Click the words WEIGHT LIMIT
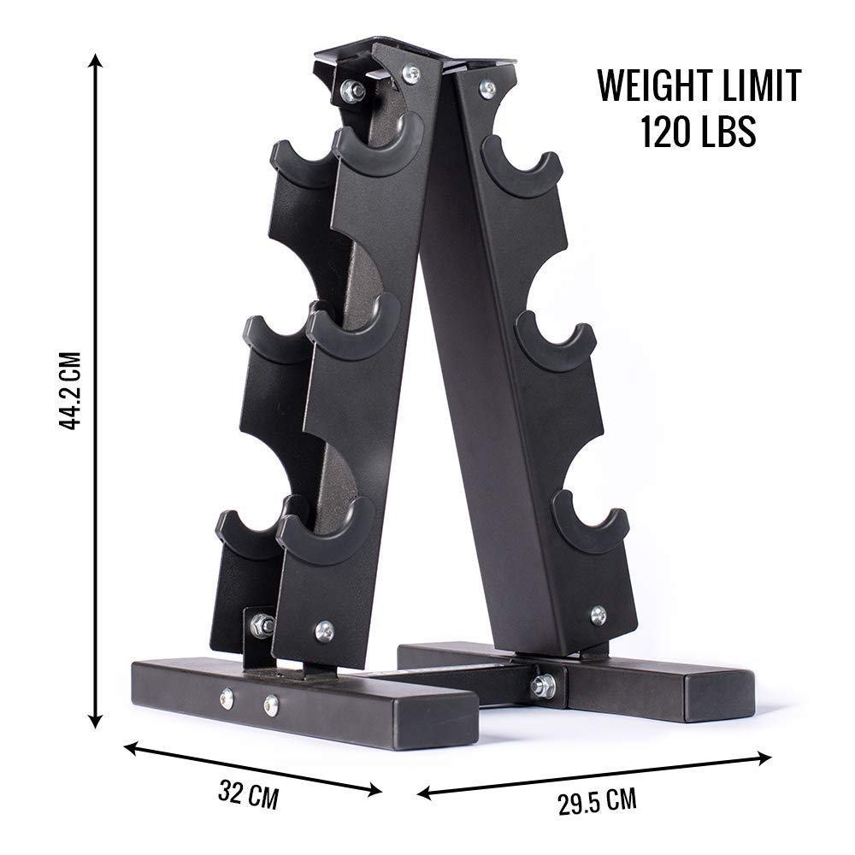699,86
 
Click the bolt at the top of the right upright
486,86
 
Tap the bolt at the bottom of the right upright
598,613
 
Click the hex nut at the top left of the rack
351,89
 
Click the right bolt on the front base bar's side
271,705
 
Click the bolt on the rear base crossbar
541,684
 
